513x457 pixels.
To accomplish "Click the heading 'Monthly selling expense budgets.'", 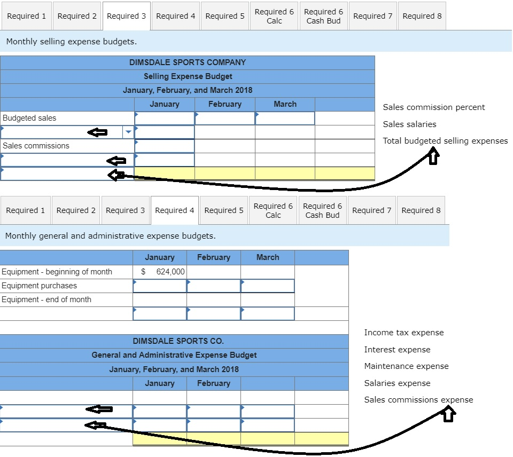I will click(x=71, y=41).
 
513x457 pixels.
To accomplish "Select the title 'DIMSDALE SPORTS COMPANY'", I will click(x=188, y=62).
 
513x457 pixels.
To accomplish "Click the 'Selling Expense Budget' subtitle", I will click(x=188, y=76).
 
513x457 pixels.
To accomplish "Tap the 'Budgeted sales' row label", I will click(x=29, y=118).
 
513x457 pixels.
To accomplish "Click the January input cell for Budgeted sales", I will click(x=165, y=118).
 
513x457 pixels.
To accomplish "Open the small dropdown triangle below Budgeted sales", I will click(x=128, y=132).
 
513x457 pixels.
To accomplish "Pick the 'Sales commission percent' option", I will click(x=434, y=107).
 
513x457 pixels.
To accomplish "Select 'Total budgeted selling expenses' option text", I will click(x=445, y=141).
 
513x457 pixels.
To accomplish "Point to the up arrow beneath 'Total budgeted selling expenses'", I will click(x=433, y=156).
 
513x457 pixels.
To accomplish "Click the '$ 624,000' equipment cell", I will click(x=160, y=272).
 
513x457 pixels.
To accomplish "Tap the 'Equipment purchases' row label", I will click(x=39, y=286).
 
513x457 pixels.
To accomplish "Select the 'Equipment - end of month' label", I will click(x=46, y=300).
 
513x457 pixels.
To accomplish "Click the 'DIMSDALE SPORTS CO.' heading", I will click(x=178, y=341).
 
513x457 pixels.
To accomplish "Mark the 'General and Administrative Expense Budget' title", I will click(x=174, y=355).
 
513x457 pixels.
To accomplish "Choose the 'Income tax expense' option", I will click(x=404, y=333).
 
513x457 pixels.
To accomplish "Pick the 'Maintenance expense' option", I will click(x=406, y=366).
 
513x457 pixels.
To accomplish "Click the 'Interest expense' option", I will click(x=397, y=350).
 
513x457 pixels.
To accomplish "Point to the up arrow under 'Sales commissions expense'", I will click(x=449, y=413).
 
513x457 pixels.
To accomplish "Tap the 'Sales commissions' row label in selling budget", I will click(x=36, y=146).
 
